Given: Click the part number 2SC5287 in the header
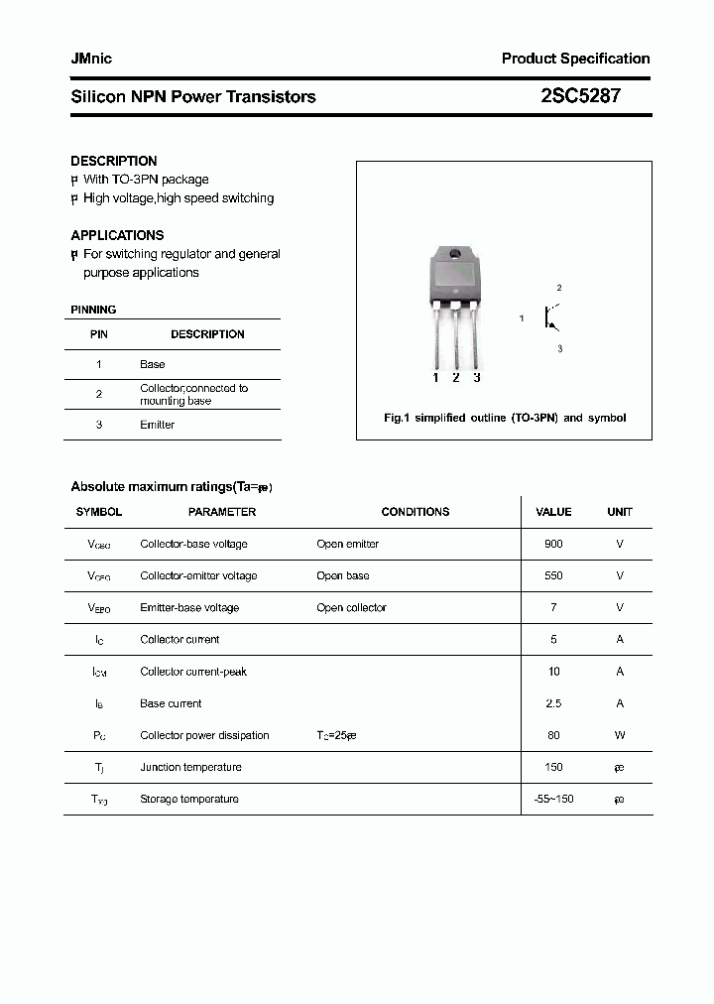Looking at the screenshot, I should tap(580, 96).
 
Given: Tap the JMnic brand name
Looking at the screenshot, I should tap(91, 59).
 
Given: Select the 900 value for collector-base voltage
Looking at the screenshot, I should tap(553, 544).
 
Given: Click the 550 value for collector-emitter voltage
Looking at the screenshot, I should tap(553, 575).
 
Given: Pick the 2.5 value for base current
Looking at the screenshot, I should tap(553, 703).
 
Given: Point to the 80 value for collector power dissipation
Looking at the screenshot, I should tap(553, 735).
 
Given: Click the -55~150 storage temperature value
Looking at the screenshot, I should tap(553, 799).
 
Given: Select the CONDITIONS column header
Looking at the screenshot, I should tap(415, 512).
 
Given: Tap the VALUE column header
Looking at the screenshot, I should tap(553, 512).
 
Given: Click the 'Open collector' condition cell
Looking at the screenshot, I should tap(351, 607).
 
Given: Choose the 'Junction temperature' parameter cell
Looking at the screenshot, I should tap(190, 767).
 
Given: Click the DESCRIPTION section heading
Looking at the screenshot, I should tap(114, 161).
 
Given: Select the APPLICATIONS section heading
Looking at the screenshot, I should tap(117, 235).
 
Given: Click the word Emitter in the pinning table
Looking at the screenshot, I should tap(157, 425).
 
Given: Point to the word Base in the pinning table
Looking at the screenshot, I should tap(152, 364).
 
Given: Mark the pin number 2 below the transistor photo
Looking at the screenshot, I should tap(455, 377).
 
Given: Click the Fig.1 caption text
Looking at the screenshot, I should tap(505, 418).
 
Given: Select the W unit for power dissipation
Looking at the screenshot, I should tap(620, 735).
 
